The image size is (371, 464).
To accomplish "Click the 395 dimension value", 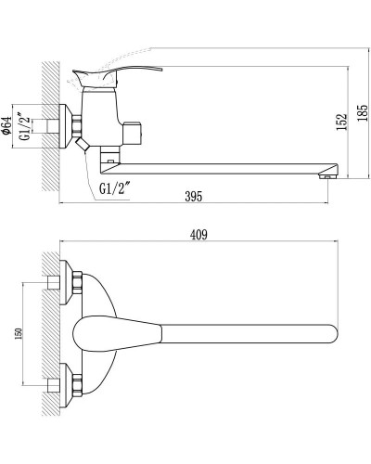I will coord(193,198).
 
